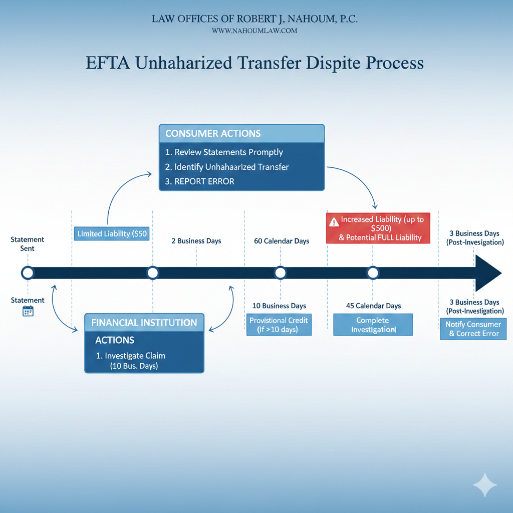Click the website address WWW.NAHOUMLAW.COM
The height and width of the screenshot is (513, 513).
click(254, 31)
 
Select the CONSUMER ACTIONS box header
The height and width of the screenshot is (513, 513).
click(241, 133)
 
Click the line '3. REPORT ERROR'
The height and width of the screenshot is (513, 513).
click(199, 181)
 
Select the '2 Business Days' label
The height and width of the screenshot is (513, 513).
click(196, 241)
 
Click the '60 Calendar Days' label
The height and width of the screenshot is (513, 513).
click(282, 241)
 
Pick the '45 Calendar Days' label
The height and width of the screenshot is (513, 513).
click(373, 306)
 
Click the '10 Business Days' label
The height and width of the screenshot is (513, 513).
click(279, 306)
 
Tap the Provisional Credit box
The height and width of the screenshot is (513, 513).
click(279, 325)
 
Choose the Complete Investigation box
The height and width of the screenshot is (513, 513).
click(373, 325)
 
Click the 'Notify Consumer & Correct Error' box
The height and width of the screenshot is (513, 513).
click(473, 329)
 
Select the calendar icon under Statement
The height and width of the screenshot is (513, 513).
click(28, 312)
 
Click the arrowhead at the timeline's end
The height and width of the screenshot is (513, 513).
click(488, 273)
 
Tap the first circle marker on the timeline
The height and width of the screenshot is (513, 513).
click(28, 273)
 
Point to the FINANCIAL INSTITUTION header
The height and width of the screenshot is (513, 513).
click(144, 323)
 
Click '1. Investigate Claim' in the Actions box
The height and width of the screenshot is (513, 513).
click(130, 356)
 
